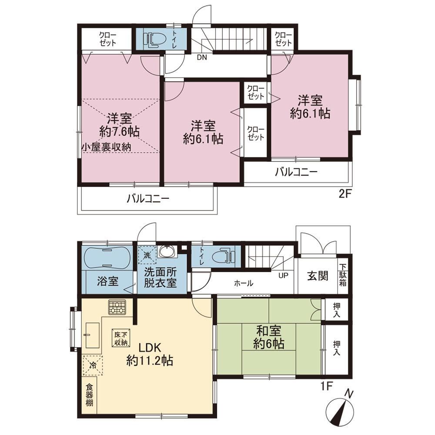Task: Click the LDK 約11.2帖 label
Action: pos(150,354)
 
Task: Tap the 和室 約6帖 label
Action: pos(268,338)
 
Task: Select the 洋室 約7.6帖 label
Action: pos(119,125)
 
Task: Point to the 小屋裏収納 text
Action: pos(106,147)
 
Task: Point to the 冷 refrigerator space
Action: pos(93,365)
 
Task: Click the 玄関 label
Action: pos(318,276)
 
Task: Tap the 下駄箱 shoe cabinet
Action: pos(343,275)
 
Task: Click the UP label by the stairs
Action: pos(283,275)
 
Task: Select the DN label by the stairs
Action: pos(202,58)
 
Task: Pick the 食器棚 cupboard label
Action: pos(89,395)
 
